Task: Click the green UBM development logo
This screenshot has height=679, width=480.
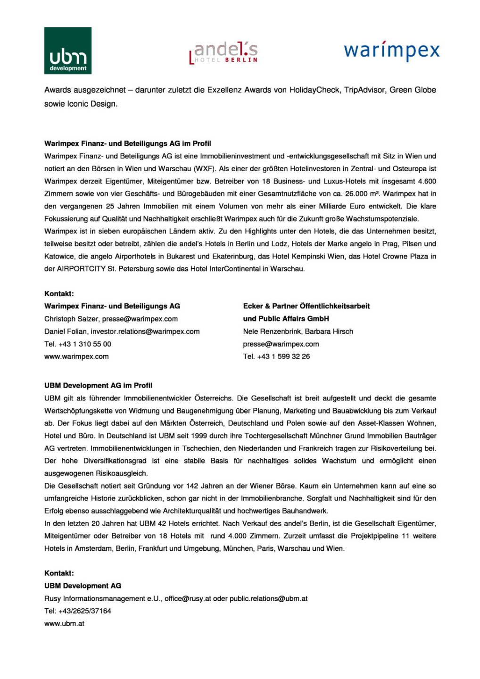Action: [x=68, y=51]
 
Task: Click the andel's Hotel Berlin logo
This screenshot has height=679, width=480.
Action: [x=224, y=52]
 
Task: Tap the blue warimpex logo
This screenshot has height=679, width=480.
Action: [x=391, y=50]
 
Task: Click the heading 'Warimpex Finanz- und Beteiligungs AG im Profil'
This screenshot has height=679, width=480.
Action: [x=127, y=143]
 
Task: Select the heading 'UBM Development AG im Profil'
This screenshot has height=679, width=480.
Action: [x=98, y=385]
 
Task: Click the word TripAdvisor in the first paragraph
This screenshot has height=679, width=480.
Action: [x=364, y=90]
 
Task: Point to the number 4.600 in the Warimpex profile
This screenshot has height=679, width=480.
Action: [x=427, y=181]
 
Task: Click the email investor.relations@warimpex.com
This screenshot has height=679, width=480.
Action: [x=145, y=331]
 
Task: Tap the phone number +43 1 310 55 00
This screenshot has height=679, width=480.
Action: [x=85, y=344]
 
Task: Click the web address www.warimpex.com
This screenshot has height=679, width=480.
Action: [x=76, y=356]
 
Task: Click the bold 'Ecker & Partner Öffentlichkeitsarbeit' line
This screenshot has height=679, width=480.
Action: [x=306, y=306]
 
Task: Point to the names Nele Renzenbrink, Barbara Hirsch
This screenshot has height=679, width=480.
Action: [x=298, y=331]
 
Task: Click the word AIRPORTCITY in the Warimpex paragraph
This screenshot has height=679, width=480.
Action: [x=81, y=269]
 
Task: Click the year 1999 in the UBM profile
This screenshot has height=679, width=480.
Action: [x=181, y=436]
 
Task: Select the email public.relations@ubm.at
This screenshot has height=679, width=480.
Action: [x=268, y=598]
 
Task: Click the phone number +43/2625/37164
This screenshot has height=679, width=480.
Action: [x=85, y=611]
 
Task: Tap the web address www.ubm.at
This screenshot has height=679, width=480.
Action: [x=64, y=623]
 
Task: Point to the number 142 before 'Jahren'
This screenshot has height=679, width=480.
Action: [x=192, y=486]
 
